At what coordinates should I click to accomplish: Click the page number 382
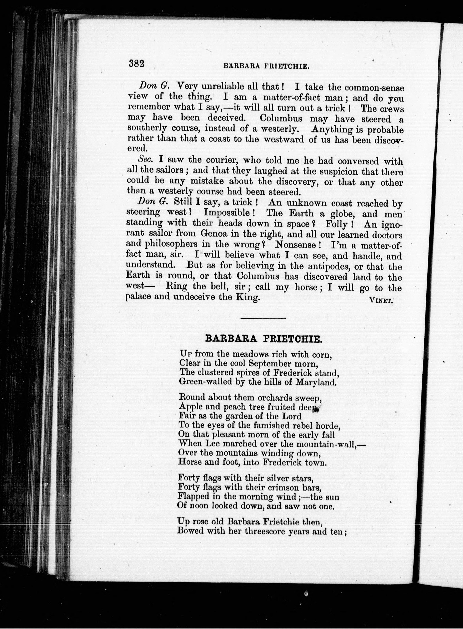tap(136, 63)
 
